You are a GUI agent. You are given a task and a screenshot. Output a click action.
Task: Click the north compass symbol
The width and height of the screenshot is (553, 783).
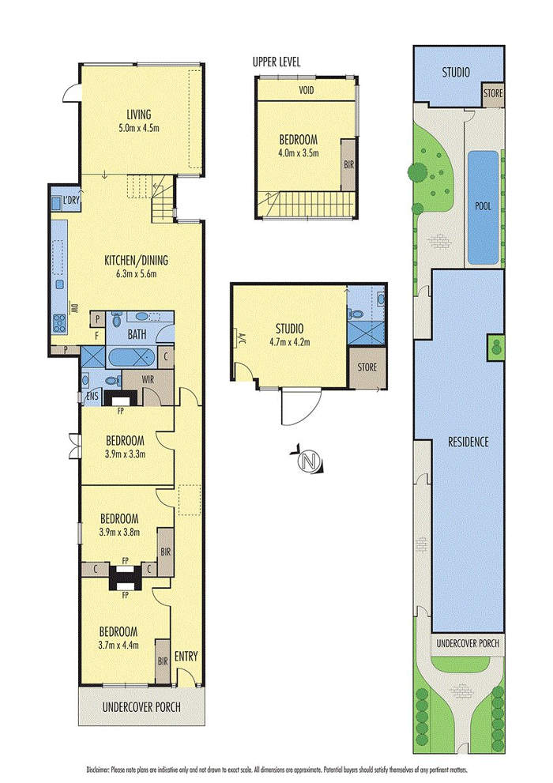pos(308,460)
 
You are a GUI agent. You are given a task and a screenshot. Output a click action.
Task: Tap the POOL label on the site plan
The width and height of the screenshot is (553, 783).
pos(483,205)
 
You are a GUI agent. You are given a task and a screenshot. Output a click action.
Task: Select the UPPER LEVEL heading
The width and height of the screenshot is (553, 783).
pos(276,62)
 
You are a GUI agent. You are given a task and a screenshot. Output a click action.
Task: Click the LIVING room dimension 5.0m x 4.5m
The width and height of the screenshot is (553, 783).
pos(139,128)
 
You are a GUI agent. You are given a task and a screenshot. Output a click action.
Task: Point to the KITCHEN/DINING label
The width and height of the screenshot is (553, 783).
pos(136,260)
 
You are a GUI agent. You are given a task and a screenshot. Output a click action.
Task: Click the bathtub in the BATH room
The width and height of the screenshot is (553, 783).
pos(132,358)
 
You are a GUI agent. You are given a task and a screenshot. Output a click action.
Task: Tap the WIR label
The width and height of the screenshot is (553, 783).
pos(149,379)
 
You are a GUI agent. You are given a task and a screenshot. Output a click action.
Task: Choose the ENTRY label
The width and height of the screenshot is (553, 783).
pos(186,657)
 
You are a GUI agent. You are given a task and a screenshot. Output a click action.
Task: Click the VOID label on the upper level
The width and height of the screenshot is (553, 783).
pos(307,90)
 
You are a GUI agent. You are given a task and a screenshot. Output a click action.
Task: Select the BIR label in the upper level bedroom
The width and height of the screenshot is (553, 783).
pos(348,164)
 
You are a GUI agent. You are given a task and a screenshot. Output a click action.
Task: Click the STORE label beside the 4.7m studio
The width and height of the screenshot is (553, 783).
pos(367,367)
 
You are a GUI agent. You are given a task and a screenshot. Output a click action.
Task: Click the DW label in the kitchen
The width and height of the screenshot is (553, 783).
pos(74,308)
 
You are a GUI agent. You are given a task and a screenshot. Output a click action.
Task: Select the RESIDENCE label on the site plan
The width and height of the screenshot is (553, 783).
pos(468,442)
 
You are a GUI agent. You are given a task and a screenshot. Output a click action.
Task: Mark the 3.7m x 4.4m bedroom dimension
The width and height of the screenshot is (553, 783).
pos(118,646)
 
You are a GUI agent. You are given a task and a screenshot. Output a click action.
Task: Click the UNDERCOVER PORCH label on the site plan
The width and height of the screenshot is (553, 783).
pos(468,643)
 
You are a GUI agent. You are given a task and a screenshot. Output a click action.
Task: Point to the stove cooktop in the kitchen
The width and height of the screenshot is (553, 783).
pos(59,322)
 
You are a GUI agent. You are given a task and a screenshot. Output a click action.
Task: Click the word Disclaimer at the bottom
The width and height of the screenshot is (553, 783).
pos(97,770)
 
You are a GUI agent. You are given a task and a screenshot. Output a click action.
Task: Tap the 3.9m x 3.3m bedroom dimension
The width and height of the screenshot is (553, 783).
pos(126,454)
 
